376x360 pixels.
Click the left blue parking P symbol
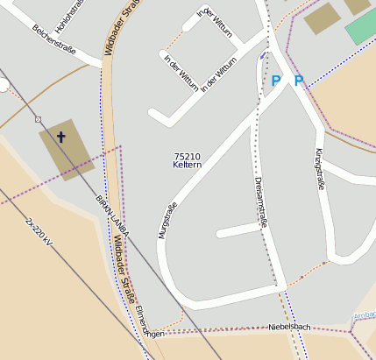(x=276, y=81)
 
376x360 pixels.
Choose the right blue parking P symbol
(x=299, y=81)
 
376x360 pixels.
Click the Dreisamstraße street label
(x=260, y=201)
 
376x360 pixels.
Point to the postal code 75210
(x=188, y=156)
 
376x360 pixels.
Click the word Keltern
(x=188, y=165)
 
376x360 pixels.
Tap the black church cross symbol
(x=61, y=137)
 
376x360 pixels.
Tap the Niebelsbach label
(x=289, y=327)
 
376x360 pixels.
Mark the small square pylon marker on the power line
(x=38, y=118)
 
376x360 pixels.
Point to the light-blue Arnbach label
(x=363, y=314)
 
